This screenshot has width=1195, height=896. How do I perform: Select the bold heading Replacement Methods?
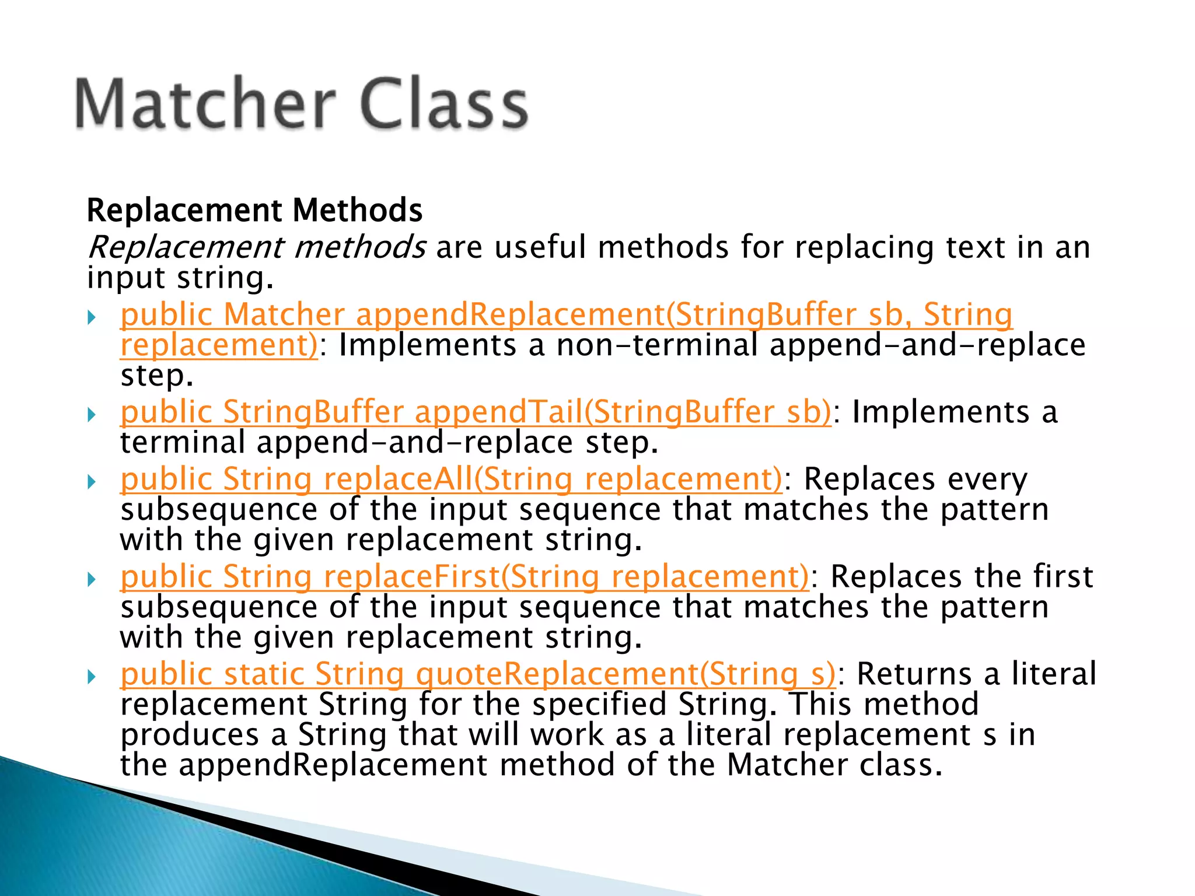(x=254, y=210)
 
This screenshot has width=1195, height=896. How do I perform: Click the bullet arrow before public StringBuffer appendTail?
(x=92, y=415)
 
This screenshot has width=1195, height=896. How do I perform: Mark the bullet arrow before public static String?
(x=92, y=677)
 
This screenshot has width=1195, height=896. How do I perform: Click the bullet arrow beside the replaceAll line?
(x=92, y=482)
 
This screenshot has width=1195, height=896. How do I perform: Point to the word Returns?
(x=914, y=674)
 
